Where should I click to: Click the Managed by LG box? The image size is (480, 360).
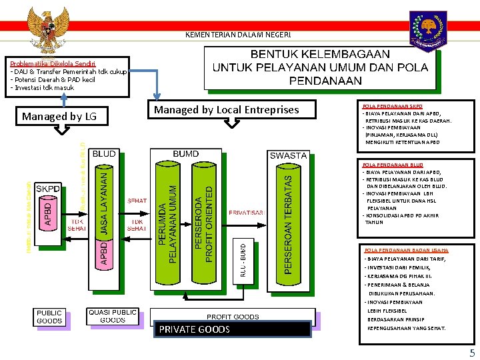(x=59, y=117)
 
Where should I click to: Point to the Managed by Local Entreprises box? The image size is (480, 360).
(x=227, y=109)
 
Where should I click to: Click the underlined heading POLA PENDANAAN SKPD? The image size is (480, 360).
(x=393, y=106)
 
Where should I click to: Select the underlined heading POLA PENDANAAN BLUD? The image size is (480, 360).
(x=393, y=164)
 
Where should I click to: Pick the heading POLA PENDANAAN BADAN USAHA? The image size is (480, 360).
(x=406, y=250)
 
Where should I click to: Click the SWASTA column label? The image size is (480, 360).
(x=288, y=155)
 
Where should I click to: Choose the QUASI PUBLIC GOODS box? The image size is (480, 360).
(x=113, y=315)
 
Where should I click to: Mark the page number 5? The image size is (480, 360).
(x=472, y=353)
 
